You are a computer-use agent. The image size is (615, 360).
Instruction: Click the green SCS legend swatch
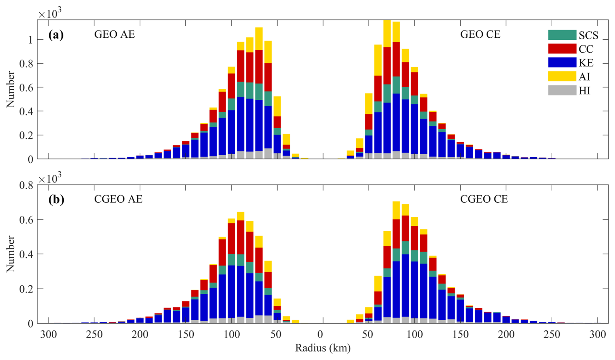click(x=562, y=35)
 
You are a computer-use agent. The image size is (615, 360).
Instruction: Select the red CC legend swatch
click(x=562, y=49)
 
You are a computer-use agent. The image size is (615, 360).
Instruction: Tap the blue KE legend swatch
click(x=562, y=62)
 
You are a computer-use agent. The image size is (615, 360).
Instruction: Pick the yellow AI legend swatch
click(x=562, y=76)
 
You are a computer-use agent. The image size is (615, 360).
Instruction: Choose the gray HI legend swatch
click(x=562, y=90)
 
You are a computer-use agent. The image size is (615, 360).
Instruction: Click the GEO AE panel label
click(x=114, y=34)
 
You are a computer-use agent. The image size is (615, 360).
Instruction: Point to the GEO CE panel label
click(x=480, y=34)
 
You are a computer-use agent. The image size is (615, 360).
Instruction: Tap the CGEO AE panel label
click(x=118, y=199)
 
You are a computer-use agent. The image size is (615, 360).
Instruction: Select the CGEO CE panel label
click(x=484, y=199)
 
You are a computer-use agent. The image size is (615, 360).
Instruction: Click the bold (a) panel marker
click(x=56, y=34)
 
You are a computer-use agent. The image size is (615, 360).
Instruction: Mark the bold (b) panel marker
click(x=56, y=199)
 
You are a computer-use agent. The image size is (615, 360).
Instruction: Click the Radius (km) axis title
click(x=323, y=348)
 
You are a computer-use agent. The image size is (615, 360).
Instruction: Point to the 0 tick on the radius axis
click(x=321, y=335)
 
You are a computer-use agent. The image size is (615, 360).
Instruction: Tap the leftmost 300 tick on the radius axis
click(x=48, y=335)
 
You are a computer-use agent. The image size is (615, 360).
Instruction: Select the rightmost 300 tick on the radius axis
click(x=597, y=335)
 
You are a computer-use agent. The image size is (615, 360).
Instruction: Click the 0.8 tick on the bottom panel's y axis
click(x=26, y=186)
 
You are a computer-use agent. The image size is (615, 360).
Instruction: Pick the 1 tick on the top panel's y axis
click(x=31, y=40)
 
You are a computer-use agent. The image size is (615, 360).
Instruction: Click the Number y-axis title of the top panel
click(x=11, y=89)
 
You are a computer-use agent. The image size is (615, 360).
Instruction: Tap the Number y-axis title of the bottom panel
click(x=11, y=254)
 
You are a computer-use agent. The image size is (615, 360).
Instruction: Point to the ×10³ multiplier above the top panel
click(x=50, y=13)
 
